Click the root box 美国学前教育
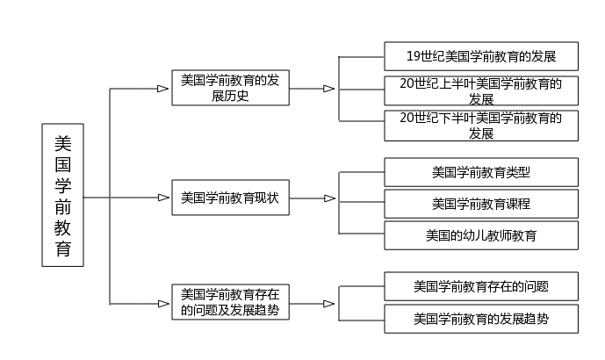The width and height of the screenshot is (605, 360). coord(63,195)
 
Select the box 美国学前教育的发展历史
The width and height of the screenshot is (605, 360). coord(230,88)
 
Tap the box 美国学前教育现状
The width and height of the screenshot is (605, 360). coord(230,198)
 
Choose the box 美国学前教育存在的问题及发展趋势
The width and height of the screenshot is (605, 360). coord(230,302)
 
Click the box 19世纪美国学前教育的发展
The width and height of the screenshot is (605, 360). coord(481,56)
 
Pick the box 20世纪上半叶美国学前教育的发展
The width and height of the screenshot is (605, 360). coord(481,90)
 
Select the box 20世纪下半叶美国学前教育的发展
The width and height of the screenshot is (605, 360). coord(481,126)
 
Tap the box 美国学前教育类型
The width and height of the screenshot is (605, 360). coord(481,172)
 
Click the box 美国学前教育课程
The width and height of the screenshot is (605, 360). coord(481,204)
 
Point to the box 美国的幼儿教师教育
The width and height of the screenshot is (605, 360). coord(481,235)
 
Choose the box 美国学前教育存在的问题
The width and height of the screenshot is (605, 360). coord(481,286)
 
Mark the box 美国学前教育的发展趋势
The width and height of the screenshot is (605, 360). coord(481,319)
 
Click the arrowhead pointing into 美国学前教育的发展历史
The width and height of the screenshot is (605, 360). coord(163,89)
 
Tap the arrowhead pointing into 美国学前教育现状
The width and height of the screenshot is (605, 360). coord(163,198)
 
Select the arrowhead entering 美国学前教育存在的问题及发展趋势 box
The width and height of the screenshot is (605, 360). coord(163,304)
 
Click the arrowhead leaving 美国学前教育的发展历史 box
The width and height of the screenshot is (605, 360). coord(329,89)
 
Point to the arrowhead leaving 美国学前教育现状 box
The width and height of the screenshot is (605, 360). coord(329,198)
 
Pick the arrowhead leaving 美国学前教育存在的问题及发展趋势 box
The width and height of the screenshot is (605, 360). coord(329,304)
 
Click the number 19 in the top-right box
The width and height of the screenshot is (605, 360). coord(414,56)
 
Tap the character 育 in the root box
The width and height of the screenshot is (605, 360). coord(63,248)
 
